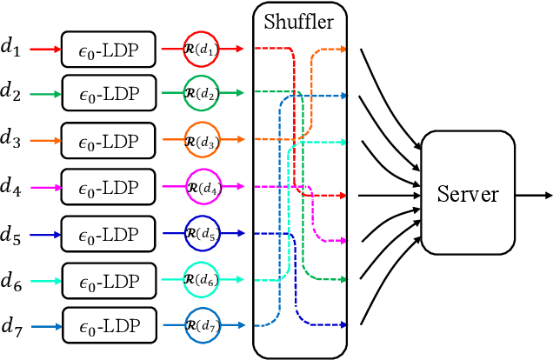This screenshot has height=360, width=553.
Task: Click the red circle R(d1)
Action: pos(203,50)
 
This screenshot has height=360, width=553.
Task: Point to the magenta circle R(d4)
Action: pos(203,186)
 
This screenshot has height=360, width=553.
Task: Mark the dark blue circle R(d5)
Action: pos(203,233)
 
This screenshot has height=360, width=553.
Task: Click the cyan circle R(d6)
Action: pos(203,280)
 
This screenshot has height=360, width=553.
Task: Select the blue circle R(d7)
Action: pos(203,326)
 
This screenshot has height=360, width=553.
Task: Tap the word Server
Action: pos(469,193)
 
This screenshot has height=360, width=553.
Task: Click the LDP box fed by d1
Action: pos(109,50)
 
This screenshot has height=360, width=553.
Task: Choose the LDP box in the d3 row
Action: pos(109,139)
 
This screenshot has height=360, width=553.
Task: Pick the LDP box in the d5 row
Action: pos(109,233)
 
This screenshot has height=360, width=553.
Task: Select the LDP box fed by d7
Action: pos(109,326)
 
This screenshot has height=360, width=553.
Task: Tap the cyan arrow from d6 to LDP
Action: pos(44,280)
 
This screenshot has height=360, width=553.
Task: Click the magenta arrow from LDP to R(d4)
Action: pos(171,186)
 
